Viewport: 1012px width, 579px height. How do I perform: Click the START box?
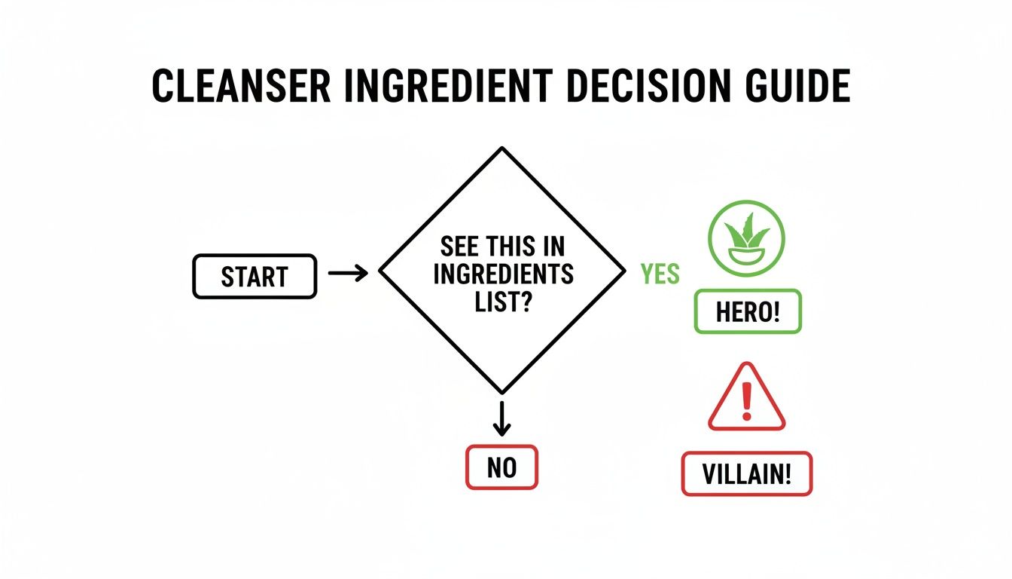[x=255, y=277]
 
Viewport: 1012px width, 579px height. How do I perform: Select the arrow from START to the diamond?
[x=348, y=273]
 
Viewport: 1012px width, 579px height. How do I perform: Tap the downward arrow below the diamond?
[x=501, y=418]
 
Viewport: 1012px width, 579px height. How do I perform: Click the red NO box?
[x=501, y=468]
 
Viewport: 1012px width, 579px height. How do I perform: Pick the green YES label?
[x=660, y=274]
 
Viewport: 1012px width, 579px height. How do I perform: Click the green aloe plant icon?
[x=746, y=237]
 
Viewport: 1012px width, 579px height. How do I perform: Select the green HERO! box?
[x=747, y=312]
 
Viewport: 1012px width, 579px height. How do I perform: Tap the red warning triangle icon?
[x=746, y=400]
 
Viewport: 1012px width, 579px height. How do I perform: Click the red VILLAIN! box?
[x=747, y=474]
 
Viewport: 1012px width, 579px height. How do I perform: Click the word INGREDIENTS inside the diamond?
[x=503, y=274]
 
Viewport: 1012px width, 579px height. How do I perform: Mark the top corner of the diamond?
[x=501, y=149]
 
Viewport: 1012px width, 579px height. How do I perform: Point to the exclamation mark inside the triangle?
[x=746, y=401]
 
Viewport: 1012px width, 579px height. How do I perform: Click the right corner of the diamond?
[x=623, y=270]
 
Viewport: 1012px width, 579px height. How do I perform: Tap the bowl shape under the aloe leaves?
[x=746, y=254]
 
